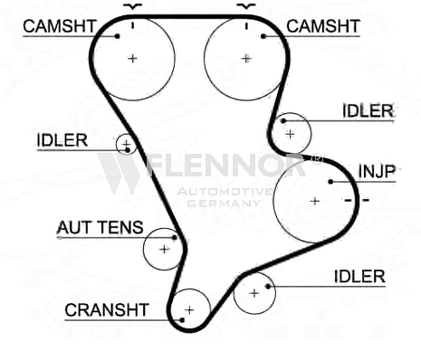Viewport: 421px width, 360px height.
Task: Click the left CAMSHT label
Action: point(60,26)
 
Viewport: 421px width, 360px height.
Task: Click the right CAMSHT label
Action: point(323,26)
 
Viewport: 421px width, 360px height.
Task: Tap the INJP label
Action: point(377,172)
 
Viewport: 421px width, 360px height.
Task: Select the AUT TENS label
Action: point(100,227)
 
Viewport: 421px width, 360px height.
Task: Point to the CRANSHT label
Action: point(107,310)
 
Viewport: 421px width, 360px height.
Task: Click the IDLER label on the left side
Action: point(62,140)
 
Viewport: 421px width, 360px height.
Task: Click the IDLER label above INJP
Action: point(368,111)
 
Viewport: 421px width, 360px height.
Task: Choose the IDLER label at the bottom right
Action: point(359,277)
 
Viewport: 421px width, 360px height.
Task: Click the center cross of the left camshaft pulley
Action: point(132,58)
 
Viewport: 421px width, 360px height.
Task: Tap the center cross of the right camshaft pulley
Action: point(246,58)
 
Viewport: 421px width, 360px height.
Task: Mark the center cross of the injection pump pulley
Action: point(315,201)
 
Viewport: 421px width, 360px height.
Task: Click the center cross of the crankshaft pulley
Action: point(189,310)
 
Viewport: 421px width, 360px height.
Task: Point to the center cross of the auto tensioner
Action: point(165,250)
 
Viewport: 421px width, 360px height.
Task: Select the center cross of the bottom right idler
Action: point(254,293)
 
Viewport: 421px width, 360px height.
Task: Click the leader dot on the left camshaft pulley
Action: point(118,36)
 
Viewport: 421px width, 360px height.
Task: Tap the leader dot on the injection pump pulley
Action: point(330,182)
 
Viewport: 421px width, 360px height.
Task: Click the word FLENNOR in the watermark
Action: point(225,166)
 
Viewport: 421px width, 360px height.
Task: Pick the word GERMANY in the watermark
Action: point(224,204)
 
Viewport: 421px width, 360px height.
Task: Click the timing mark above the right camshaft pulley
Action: point(246,26)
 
